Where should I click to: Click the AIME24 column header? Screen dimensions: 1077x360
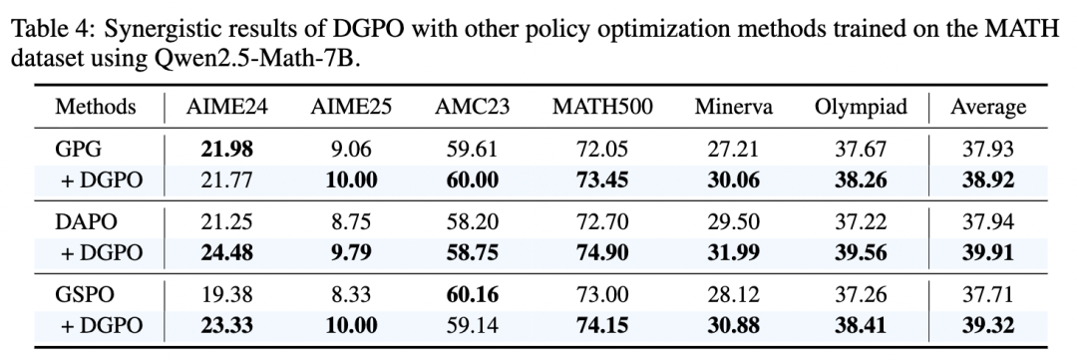pyautogui.click(x=226, y=107)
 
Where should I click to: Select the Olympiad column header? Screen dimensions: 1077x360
pyautogui.click(x=862, y=107)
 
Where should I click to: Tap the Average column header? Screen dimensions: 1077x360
pyautogui.click(x=988, y=107)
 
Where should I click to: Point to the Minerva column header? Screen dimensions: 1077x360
pyautogui.click(x=734, y=107)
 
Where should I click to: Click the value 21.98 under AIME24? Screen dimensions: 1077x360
pyautogui.click(x=226, y=149)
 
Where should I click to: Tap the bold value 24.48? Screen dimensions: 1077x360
pyautogui.click(x=226, y=253)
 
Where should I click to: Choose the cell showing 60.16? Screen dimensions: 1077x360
pyautogui.click(x=472, y=294)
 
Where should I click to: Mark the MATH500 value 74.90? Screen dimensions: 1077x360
pyautogui.click(x=602, y=253)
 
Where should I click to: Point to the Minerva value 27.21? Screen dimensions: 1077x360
pyautogui.click(x=734, y=149)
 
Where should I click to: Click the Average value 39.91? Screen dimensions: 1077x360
pyautogui.click(x=988, y=253)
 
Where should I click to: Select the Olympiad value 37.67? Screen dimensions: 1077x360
pyautogui.click(x=862, y=149)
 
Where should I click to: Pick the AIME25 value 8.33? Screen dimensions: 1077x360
pyautogui.click(x=350, y=294)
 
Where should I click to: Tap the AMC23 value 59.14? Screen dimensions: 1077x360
pyautogui.click(x=472, y=325)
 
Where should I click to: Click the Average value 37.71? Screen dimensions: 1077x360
pyautogui.click(x=988, y=294)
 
